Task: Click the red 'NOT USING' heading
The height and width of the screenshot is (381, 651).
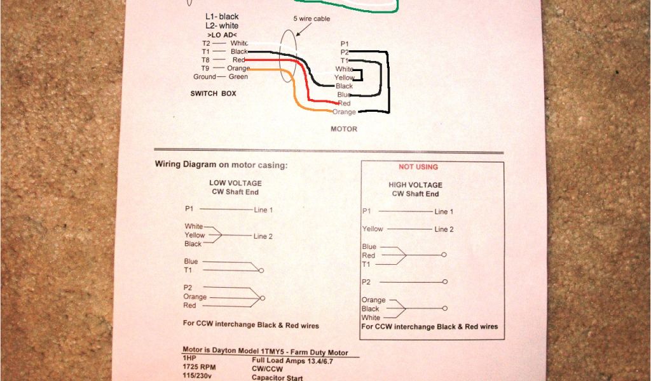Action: click(x=418, y=167)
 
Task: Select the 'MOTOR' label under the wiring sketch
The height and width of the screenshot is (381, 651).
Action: click(x=344, y=129)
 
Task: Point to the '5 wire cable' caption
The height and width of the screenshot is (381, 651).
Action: click(x=312, y=19)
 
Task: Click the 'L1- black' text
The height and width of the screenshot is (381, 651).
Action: click(x=222, y=16)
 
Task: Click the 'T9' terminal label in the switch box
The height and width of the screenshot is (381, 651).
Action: click(x=205, y=68)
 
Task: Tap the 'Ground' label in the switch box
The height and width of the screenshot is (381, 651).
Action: click(x=205, y=77)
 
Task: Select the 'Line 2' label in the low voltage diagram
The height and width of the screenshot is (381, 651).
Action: click(x=263, y=236)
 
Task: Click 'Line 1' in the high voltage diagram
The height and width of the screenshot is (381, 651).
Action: click(x=444, y=211)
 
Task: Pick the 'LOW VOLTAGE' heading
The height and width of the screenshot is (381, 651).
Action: click(x=235, y=183)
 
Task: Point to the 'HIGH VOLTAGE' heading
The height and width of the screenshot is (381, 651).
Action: click(x=415, y=185)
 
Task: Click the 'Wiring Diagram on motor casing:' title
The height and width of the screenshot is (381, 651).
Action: click(x=221, y=164)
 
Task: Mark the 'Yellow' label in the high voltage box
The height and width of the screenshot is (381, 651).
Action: click(x=373, y=229)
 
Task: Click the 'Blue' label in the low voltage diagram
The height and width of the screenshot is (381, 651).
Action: click(x=191, y=261)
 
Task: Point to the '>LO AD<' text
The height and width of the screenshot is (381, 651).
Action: click(x=222, y=34)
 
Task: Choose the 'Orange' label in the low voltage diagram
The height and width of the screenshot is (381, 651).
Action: click(x=195, y=297)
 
